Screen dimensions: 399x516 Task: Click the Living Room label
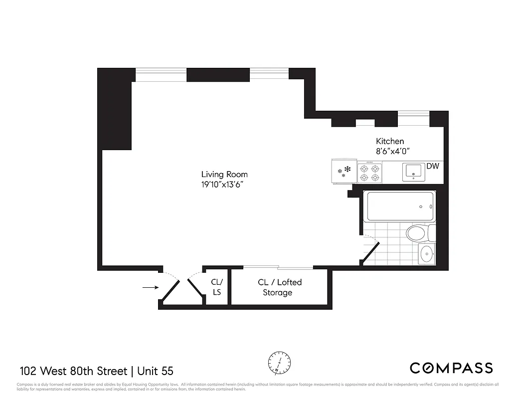[224, 174]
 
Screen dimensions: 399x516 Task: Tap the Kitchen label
[389, 141]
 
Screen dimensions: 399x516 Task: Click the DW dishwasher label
[432, 166]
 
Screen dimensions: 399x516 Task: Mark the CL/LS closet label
[216, 287]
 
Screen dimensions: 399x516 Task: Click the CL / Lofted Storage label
[279, 287]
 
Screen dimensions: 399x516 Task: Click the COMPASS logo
[451, 369]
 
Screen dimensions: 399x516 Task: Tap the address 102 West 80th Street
[73, 371]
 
